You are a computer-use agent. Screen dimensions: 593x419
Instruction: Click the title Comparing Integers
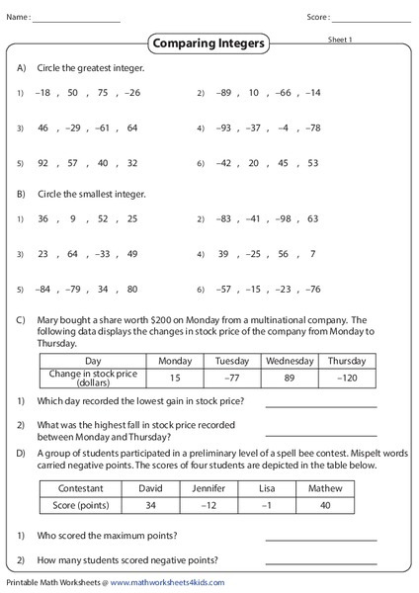tap(210, 43)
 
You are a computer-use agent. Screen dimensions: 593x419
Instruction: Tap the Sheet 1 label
tap(340, 39)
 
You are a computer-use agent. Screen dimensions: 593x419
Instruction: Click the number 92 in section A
tap(43, 163)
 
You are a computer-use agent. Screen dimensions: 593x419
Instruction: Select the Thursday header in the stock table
tap(347, 361)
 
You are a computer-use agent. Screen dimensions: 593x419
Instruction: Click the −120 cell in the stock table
tap(347, 377)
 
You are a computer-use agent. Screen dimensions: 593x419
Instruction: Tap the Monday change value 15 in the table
tap(175, 377)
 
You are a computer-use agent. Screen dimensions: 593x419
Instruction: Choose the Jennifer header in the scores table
tap(209, 488)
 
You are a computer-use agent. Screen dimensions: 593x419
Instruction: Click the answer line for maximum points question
tap(321, 538)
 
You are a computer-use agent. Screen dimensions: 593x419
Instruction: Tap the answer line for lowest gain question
tap(321, 404)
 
